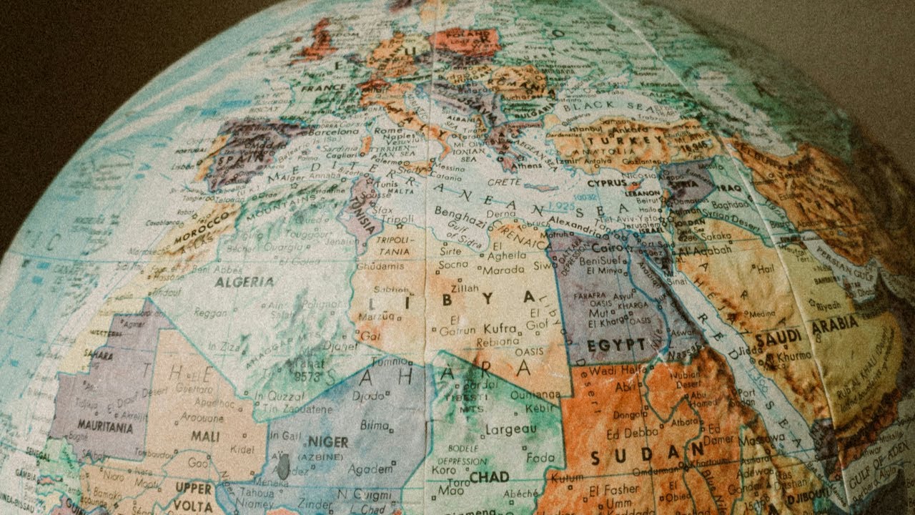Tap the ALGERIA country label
pos(244,281)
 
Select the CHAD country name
pos(489,476)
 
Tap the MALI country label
pos(205,436)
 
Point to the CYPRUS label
pos(608,182)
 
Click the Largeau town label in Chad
pos(510,429)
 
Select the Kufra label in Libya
pos(500,328)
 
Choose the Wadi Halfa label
pos(613,371)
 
